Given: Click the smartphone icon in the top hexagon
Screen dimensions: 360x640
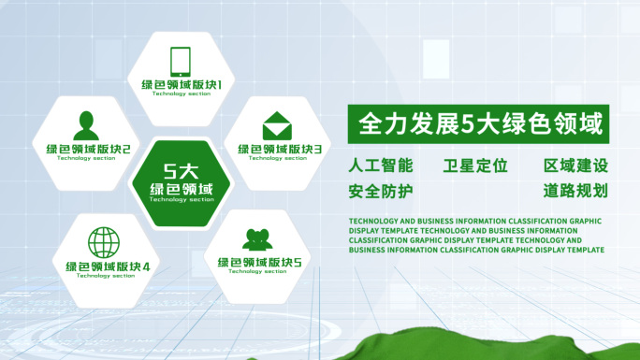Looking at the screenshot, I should [181, 61].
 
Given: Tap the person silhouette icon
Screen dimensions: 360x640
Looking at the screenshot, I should [87, 124].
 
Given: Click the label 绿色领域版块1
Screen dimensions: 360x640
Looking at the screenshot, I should [182, 85].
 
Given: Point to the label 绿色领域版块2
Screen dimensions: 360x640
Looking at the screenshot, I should [88, 149].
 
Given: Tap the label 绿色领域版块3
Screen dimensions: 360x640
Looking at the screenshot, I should [280, 149].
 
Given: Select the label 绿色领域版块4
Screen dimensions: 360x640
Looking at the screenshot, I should [108, 266].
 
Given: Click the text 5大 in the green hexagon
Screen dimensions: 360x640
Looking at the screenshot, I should [182, 170].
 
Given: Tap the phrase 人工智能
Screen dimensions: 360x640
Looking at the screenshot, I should [380, 166].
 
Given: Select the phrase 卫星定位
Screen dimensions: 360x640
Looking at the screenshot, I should [475, 166].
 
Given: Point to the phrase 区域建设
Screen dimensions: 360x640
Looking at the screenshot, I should [576, 166].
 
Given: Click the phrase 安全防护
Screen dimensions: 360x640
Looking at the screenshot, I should [380, 191].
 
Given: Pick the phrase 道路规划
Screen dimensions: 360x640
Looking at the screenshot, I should [576, 191].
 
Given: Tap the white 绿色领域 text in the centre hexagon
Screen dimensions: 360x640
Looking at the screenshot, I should [182, 189].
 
